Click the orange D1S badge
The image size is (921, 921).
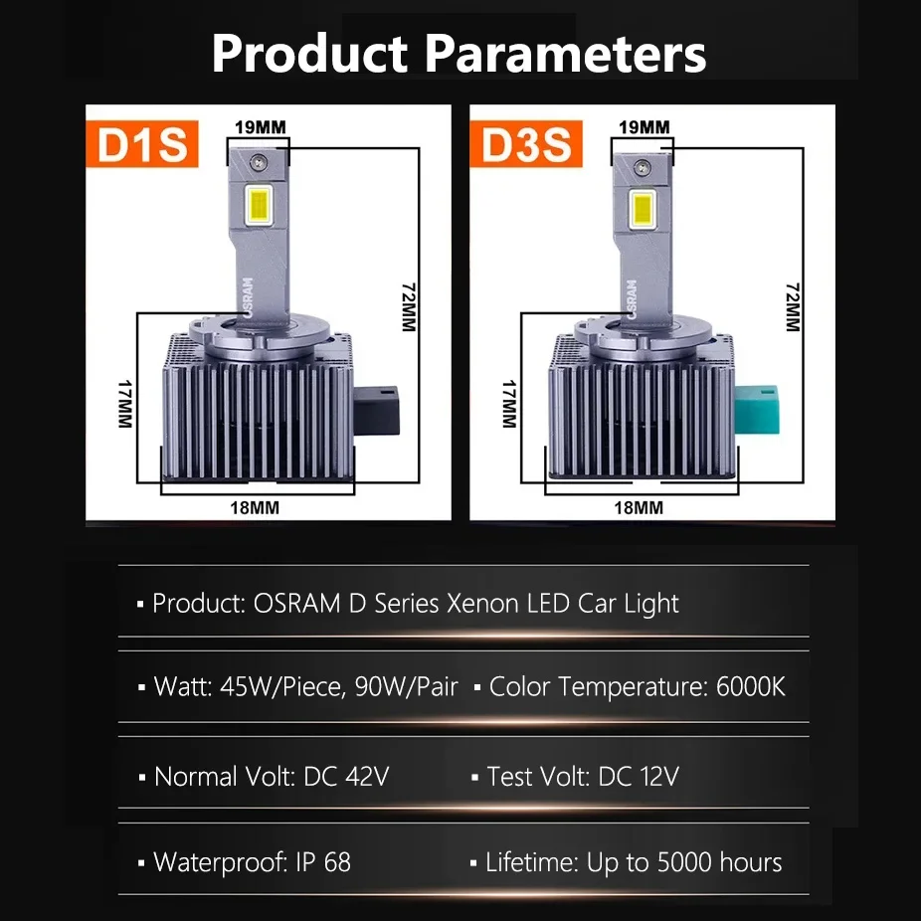coord(142,145)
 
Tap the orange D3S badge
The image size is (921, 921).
coord(527,145)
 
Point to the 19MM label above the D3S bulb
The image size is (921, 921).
coord(644,127)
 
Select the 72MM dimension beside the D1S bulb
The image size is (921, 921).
coord(409,306)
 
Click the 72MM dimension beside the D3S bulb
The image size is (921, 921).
coord(793,306)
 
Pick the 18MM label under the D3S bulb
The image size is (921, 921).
coord(638,507)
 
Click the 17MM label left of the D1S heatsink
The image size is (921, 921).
coord(125,402)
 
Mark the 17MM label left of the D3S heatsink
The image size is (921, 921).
coord(510,402)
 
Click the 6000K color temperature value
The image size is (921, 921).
coord(751,686)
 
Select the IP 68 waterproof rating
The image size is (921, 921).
coord(323,862)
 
